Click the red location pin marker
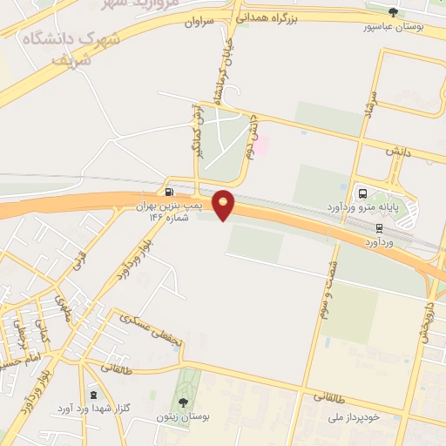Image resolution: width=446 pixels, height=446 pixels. pos(225,204)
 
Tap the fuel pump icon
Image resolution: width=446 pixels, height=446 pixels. pos(168,192)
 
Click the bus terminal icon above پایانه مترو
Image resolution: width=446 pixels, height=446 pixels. pos(362,193)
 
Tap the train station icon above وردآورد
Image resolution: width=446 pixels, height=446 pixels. pos(379,227)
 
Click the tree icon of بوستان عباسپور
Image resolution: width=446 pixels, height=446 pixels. pos(394,12)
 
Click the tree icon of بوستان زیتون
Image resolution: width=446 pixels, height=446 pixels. pos(184,402)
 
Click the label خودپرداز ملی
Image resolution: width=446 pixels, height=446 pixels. pos(374,418)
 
